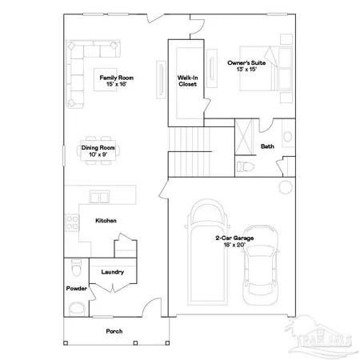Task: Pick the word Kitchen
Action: coord(106,220)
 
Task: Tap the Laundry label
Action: coord(112,272)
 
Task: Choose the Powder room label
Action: coord(76,288)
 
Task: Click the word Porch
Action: coord(114,330)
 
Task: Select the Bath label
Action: coord(267,146)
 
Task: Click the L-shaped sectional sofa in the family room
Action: coord(79,68)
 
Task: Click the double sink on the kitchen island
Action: coord(99,197)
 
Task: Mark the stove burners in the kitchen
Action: coord(74,220)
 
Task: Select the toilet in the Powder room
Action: coord(75,266)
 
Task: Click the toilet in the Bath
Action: coord(244,166)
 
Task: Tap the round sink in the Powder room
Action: coord(75,309)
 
